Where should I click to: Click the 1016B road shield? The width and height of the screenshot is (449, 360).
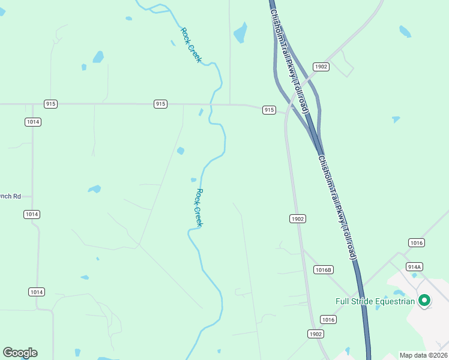[323, 270]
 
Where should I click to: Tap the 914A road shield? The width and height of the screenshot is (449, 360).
[414, 266]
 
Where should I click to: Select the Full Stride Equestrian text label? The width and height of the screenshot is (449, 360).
[375, 301]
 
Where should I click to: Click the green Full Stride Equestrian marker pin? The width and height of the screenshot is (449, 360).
[424, 300]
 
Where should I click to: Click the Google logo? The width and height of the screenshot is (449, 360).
[20, 353]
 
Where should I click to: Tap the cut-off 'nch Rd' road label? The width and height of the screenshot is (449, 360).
[10, 196]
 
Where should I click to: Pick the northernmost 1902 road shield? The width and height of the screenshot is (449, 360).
[321, 67]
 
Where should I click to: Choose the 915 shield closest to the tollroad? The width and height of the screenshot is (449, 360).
[269, 110]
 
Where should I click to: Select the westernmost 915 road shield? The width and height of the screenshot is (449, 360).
[50, 104]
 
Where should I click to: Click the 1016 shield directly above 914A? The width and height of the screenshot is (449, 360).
[416, 243]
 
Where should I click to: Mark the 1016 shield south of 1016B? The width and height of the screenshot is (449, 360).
[328, 319]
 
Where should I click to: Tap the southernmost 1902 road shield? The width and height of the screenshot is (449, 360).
[316, 334]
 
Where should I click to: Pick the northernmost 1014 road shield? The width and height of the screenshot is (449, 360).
[33, 122]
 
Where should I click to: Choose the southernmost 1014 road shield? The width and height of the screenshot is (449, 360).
[36, 292]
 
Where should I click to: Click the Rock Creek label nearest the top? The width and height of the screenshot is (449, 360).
[191, 45]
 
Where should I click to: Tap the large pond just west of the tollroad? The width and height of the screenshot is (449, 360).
[240, 33]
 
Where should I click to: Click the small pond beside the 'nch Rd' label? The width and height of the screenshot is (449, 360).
[94, 189]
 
